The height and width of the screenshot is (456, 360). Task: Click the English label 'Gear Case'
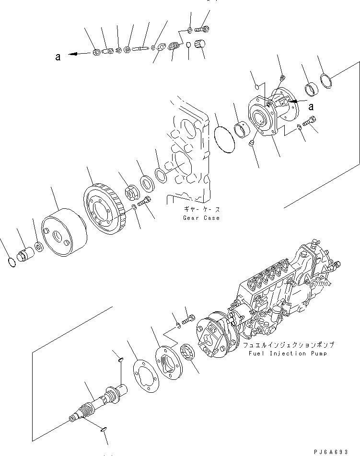[x=201, y=218]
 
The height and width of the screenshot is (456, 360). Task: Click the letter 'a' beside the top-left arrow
[x=58, y=57]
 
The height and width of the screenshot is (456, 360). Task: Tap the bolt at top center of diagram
[x=202, y=28]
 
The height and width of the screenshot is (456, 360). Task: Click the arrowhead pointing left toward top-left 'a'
[x=72, y=55]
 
